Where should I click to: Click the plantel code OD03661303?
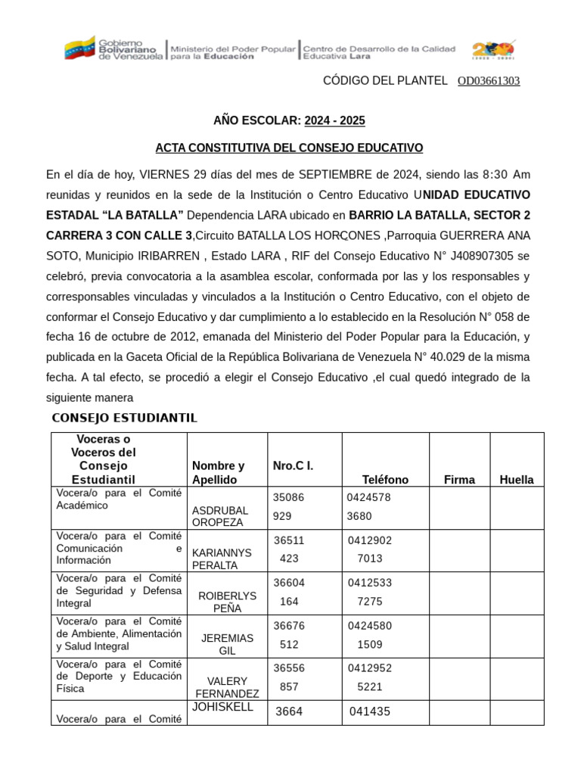(489, 81)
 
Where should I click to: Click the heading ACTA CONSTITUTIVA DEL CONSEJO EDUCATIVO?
(289, 148)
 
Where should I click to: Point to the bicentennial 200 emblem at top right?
(493, 51)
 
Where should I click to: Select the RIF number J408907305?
(464, 255)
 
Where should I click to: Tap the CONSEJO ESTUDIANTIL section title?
(124, 418)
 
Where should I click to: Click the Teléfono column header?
(385, 479)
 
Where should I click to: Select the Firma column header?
(459, 479)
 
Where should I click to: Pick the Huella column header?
(516, 479)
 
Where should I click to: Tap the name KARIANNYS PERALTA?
(222, 559)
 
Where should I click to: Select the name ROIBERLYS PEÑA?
(226, 602)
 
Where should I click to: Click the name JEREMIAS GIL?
(226, 644)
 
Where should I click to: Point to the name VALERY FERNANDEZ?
(227, 686)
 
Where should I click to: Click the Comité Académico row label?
(119, 500)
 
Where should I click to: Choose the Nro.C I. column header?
(293, 465)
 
